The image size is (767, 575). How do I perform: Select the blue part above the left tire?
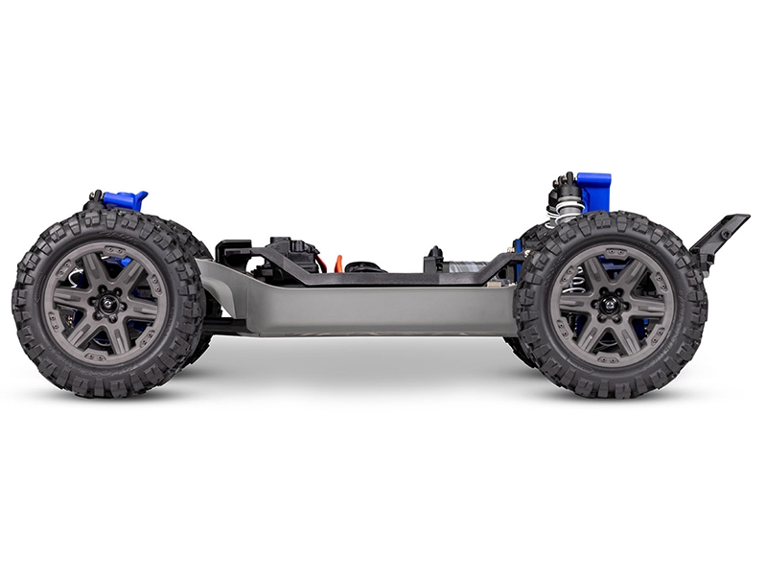coord(128,200)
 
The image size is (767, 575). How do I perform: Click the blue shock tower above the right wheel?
coord(593,190)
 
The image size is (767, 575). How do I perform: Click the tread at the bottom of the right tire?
coord(611,391)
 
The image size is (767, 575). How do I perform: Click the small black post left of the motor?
coord(434,256)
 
